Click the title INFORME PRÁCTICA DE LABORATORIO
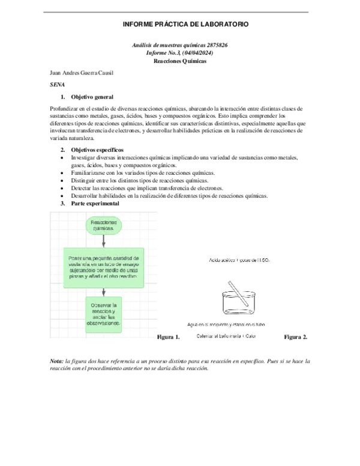pos(185,23)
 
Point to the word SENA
pos(58,85)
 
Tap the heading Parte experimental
pos(95,204)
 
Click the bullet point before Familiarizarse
pos(64,172)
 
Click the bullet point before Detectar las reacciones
pos(64,188)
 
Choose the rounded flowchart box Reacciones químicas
pos(103,225)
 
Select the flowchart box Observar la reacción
pos(105,314)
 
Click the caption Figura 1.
pos(168,337)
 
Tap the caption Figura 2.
pos(296,337)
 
